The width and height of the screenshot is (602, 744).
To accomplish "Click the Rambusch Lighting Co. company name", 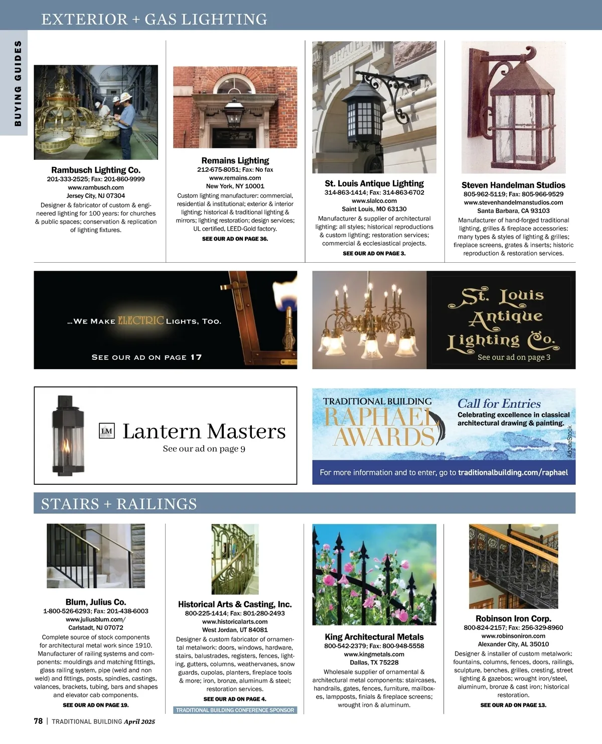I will click(96, 170).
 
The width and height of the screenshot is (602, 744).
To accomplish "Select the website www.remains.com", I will click(235, 178).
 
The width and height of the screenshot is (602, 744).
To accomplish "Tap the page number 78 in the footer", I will click(38, 721).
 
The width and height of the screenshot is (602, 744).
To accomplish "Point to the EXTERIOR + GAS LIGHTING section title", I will click(154, 20).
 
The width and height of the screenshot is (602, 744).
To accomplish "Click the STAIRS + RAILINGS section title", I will click(119, 504).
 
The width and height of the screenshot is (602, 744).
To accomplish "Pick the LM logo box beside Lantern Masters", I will click(107, 431).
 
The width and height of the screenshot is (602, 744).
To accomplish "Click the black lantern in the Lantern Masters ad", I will click(67, 435).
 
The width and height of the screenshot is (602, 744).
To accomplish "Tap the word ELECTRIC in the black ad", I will click(141, 320).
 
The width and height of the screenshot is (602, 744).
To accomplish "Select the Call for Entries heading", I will click(499, 403).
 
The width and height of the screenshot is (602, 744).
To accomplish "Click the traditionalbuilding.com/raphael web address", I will click(513, 472).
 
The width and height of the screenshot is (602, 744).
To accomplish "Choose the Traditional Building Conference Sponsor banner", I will click(235, 710).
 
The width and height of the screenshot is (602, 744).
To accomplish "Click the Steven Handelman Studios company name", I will click(513, 185).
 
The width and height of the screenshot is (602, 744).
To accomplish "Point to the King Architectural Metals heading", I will click(374, 637).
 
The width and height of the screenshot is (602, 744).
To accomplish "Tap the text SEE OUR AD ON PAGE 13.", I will click(513, 705).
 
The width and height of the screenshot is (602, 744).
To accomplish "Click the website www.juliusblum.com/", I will click(96, 619).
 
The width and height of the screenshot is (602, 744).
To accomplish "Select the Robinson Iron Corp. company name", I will click(513, 619).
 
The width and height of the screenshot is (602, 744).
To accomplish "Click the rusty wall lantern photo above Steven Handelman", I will click(513, 108).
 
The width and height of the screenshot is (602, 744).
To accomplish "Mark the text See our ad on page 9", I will click(204, 449).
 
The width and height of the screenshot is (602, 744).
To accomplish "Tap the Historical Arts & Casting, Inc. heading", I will click(235, 604).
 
